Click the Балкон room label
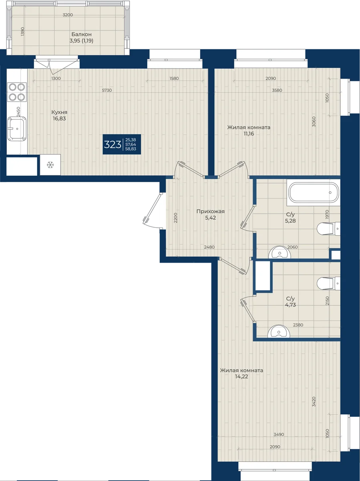[81, 34]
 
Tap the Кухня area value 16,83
[59, 119]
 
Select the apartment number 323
[113, 145]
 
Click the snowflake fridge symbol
[50, 165]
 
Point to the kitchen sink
[17, 129]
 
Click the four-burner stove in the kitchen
[17, 92]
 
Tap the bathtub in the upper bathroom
[314, 192]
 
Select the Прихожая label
[211, 212]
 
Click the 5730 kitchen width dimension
[107, 90]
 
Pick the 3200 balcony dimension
[68, 15]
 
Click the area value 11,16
[249, 133]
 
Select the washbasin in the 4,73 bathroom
[279, 331]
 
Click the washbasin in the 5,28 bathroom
[280, 252]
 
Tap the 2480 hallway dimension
[209, 247]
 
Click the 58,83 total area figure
[131, 149]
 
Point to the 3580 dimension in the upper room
[277, 90]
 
